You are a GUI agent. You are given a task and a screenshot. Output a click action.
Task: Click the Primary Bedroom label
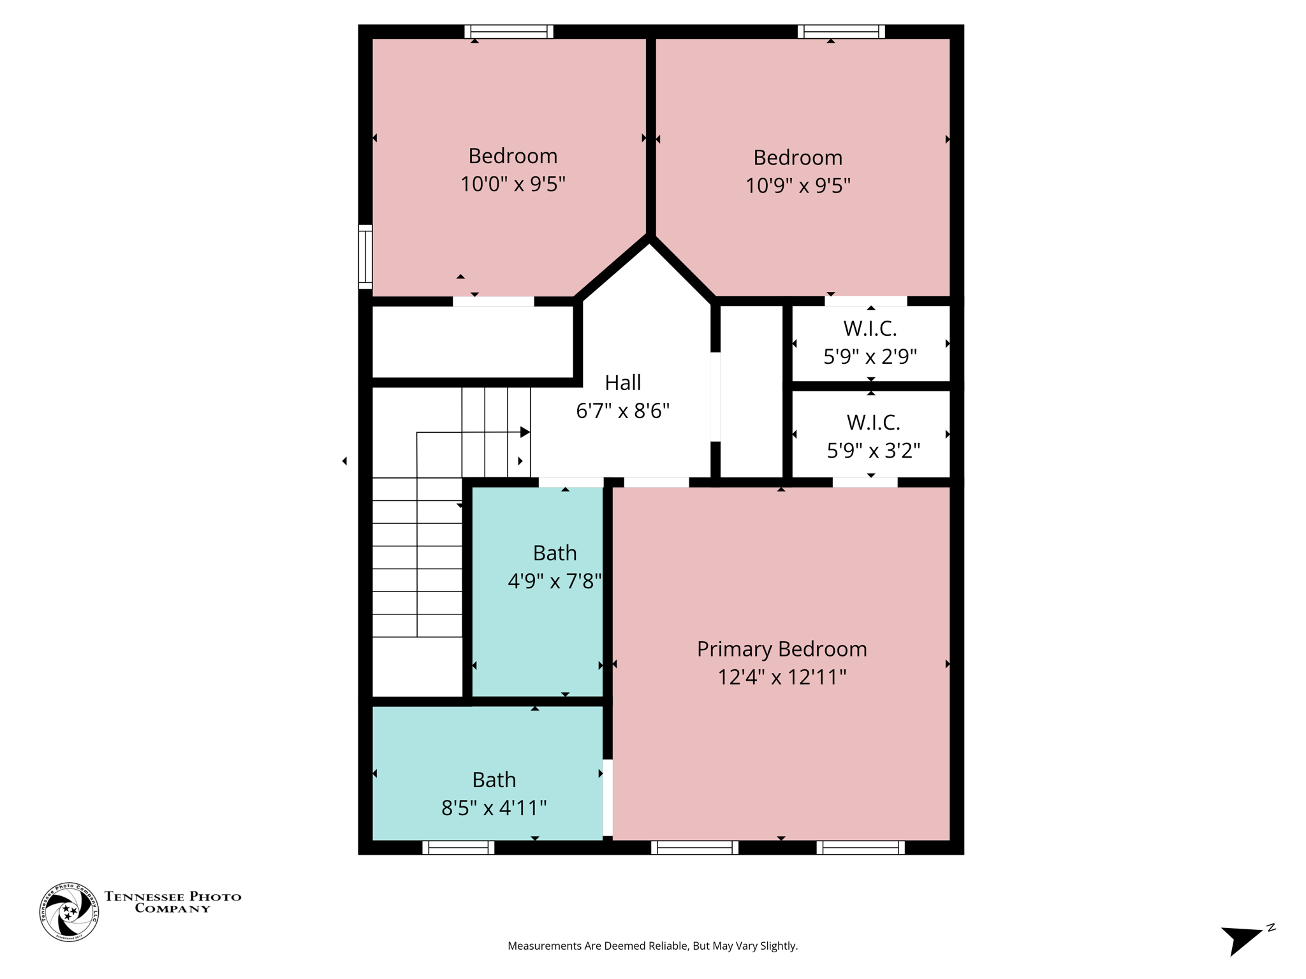[781, 649]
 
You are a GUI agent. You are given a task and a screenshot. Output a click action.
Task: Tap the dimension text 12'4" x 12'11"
[781, 677]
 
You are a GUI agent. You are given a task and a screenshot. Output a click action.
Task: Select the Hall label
[622, 382]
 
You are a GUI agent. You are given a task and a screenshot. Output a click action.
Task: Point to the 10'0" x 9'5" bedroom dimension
[513, 184]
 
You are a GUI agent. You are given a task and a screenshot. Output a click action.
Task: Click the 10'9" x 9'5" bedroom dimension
[798, 185]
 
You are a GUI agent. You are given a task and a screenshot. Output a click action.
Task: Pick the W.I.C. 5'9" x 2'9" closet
[870, 343]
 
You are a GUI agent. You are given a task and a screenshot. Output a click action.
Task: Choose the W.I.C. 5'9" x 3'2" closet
[872, 436]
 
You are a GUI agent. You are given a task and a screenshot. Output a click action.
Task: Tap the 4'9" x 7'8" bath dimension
[554, 581]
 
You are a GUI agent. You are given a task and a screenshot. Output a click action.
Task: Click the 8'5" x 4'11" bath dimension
[494, 808]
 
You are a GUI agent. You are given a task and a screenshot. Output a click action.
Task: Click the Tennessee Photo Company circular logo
[69, 912]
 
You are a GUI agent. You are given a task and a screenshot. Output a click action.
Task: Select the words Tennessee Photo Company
[173, 902]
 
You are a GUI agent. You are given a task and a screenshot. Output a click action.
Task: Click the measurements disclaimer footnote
[652, 946]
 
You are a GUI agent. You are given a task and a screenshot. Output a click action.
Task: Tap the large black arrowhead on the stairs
[525, 432]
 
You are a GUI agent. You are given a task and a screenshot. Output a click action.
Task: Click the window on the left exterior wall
[365, 256]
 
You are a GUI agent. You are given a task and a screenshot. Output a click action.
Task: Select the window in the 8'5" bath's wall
[458, 848]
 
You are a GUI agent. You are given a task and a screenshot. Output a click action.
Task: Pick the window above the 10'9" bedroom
[841, 31]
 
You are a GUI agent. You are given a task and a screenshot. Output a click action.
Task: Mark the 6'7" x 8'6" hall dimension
[622, 411]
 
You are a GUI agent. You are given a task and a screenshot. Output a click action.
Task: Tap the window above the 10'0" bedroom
[508, 31]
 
